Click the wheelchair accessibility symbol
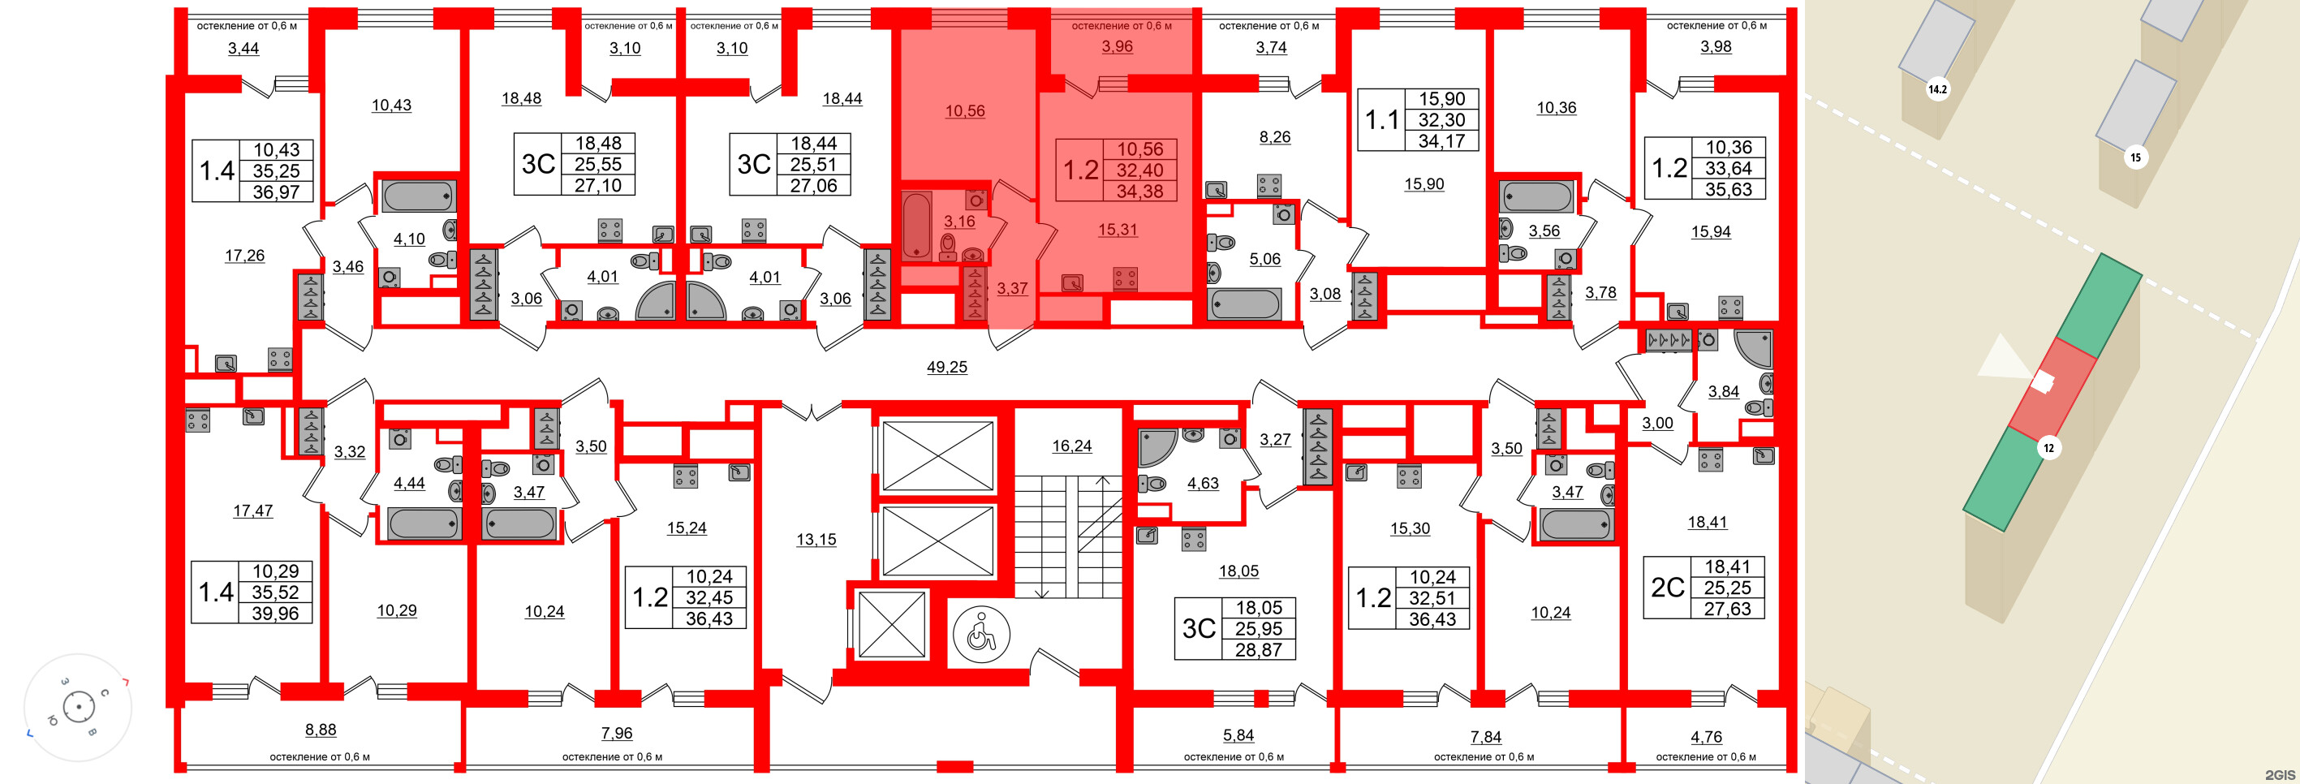tap(981, 635)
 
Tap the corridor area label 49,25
tap(946, 367)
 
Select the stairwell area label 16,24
tap(1071, 446)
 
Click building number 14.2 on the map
tap(1936, 89)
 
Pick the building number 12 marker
tap(2048, 448)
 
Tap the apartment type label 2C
tap(1667, 588)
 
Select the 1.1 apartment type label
tap(1381, 119)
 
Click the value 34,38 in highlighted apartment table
tap(1139, 191)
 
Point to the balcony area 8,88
tap(321, 730)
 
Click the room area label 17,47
tap(252, 510)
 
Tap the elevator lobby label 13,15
tap(816, 540)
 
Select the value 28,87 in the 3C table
tap(1258, 650)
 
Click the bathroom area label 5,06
tap(1264, 259)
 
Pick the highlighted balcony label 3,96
tap(1117, 46)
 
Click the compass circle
tap(79, 707)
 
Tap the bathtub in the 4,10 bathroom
tap(419, 196)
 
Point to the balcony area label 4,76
tap(1706, 737)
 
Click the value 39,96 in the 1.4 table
tap(275, 614)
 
